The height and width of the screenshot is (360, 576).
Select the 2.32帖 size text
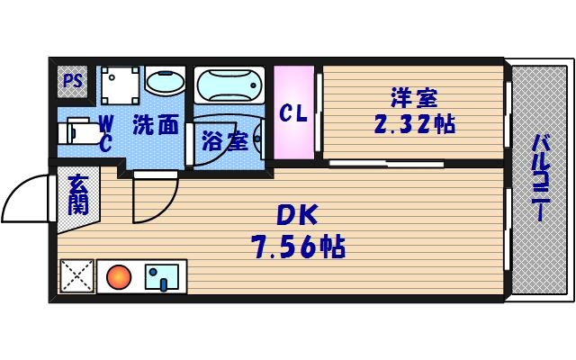[414, 125]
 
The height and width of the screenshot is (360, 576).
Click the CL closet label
[293, 113]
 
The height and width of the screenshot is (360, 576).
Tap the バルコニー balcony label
[540, 178]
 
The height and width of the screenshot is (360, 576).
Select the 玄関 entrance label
[77, 194]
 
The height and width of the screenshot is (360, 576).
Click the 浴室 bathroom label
[224, 141]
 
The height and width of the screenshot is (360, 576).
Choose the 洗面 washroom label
[155, 125]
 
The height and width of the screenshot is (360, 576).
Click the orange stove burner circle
[119, 275]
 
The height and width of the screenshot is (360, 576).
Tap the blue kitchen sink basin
[163, 275]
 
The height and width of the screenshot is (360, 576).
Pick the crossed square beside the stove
[76, 275]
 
